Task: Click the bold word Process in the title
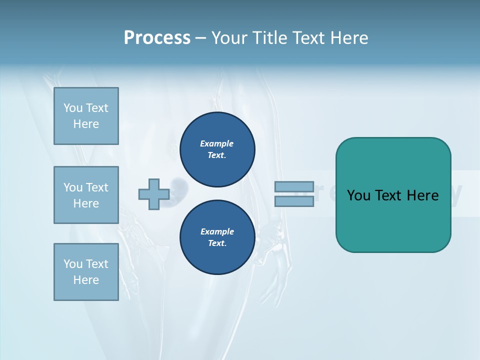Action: (157, 38)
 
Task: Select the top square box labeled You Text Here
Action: (86, 116)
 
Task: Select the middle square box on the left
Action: (86, 195)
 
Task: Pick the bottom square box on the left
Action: (86, 272)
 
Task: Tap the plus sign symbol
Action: (153, 194)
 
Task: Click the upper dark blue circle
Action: (217, 149)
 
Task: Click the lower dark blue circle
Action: (217, 237)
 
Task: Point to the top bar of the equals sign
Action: (294, 187)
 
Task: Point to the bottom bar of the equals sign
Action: (294, 201)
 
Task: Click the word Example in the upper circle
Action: (217, 143)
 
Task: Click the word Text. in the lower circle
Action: (217, 243)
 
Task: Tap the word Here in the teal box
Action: (422, 195)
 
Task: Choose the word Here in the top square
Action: (86, 124)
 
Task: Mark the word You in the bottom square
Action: (73, 264)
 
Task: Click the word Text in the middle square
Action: (97, 187)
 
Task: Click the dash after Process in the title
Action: (201, 38)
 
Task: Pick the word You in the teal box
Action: (358, 195)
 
